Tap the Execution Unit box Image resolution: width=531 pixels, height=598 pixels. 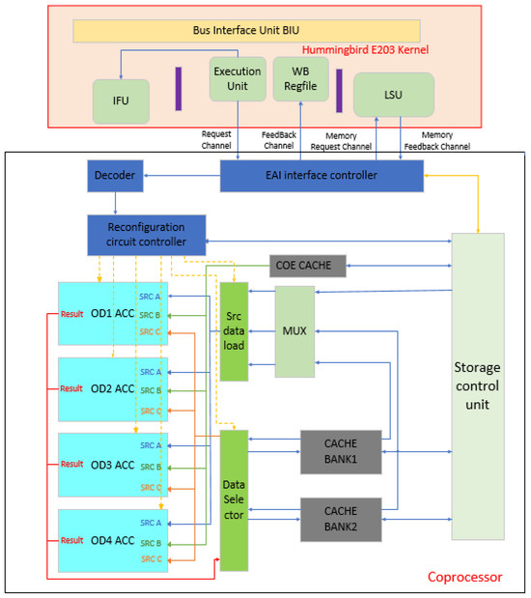pos(237,78)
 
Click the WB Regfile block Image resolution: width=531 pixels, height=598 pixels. pos(300,78)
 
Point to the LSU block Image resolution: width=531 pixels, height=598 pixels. pos(393,95)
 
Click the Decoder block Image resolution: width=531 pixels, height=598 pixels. pos(115,175)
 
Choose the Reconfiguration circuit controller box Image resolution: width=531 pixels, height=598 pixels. pos(148,234)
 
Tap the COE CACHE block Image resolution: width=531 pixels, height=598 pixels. pos(306,265)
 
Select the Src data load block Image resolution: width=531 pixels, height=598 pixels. pos(235,330)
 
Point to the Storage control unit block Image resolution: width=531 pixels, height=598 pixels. pos(478,386)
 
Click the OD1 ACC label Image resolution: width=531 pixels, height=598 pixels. pos(111,314)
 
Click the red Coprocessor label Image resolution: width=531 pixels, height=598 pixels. pos(464,577)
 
